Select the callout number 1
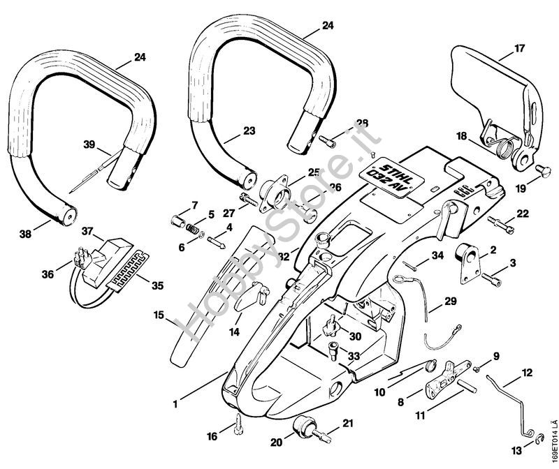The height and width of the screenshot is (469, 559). [x=175, y=403]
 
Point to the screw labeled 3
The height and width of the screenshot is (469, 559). [x=491, y=281]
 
